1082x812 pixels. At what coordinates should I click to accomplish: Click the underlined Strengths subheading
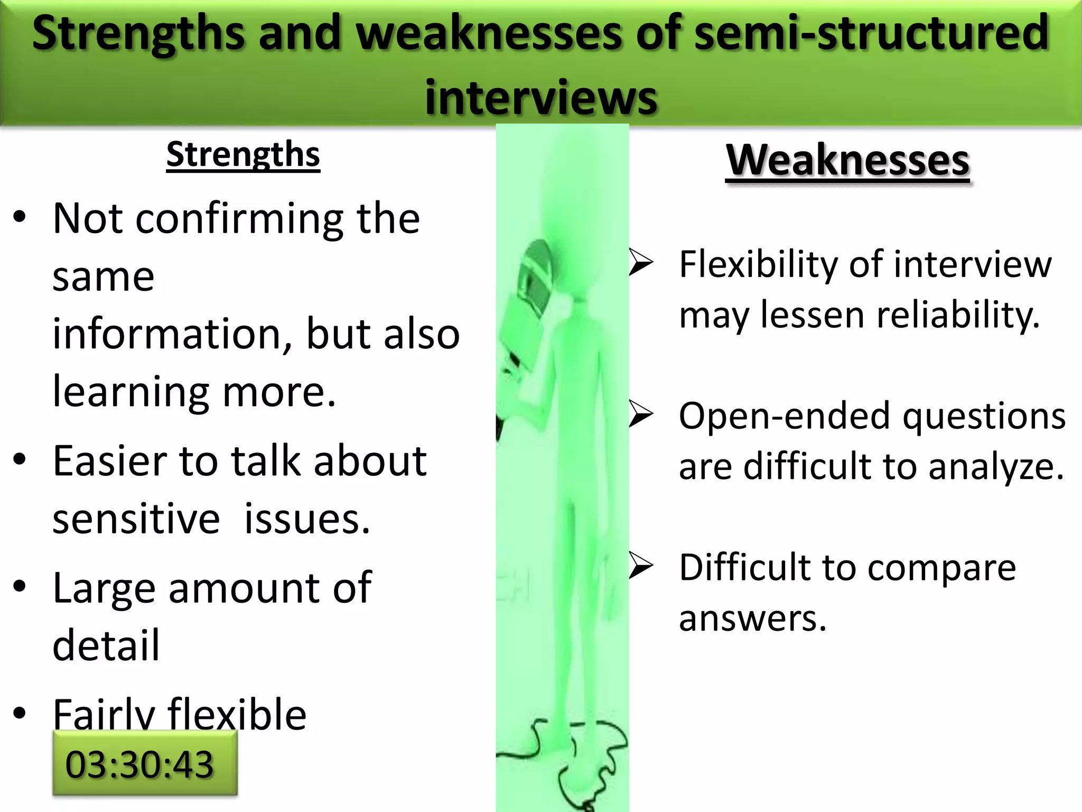click(x=243, y=155)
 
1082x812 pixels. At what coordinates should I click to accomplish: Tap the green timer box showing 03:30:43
click(x=145, y=764)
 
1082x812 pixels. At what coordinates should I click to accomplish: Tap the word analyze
click(x=995, y=467)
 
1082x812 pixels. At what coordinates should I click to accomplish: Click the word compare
click(x=941, y=568)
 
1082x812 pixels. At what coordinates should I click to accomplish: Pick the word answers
click(x=752, y=619)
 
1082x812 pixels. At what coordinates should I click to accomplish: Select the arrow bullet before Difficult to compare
click(x=641, y=567)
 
